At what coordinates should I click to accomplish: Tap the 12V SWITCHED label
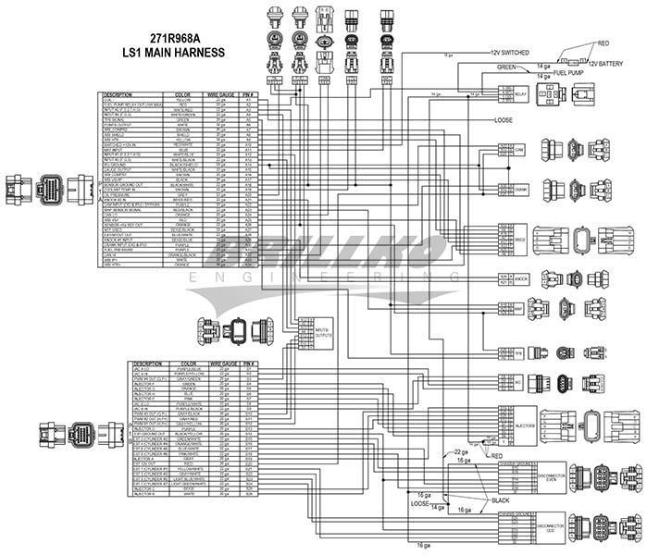pyautogui.click(x=510, y=52)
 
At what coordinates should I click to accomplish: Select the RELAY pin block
pyautogui.click(x=512, y=93)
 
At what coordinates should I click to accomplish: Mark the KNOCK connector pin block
pyautogui.click(x=512, y=277)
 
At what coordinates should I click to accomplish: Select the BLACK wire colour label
pyautogui.click(x=501, y=500)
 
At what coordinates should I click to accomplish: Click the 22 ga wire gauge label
pyautogui.click(x=460, y=450)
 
